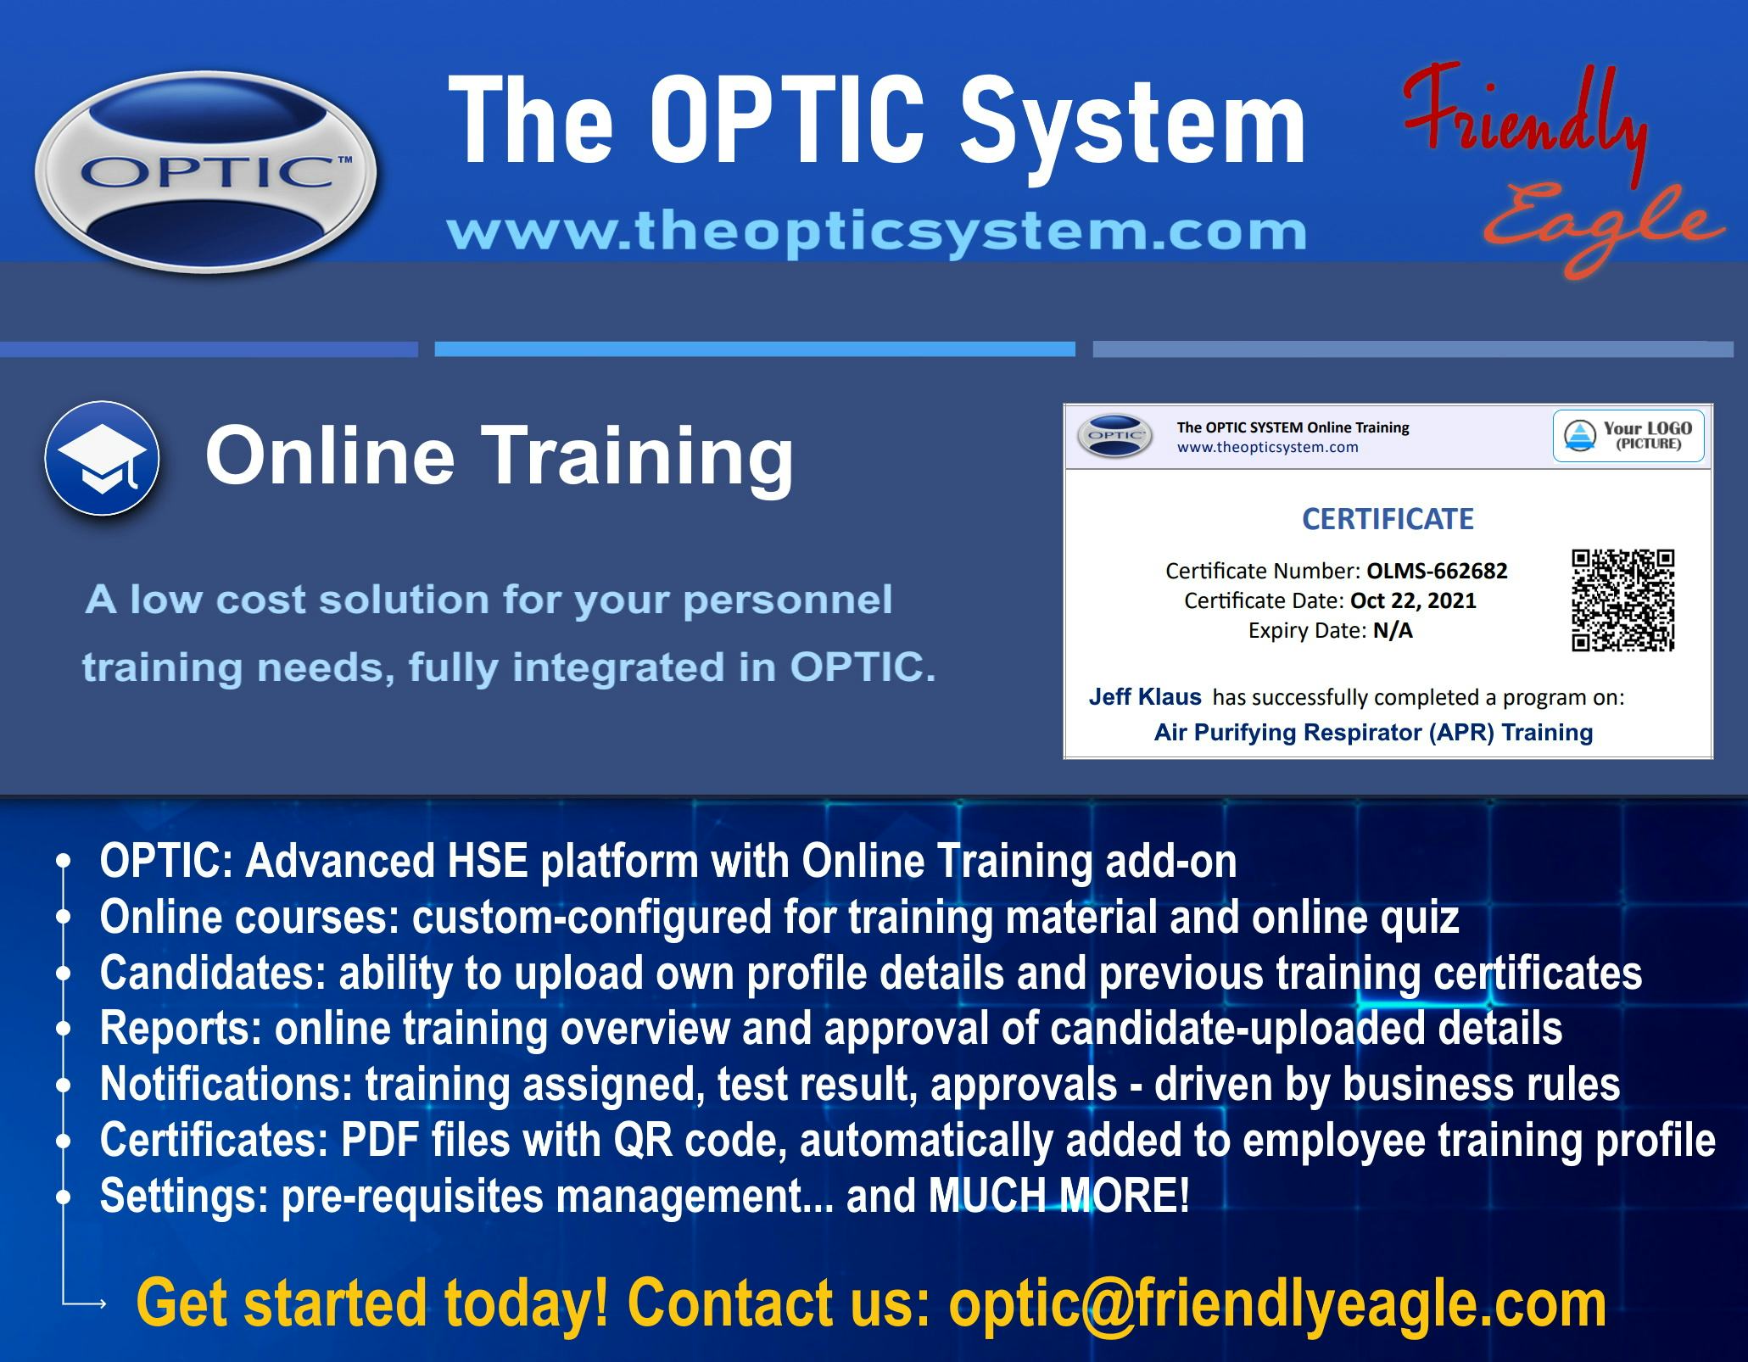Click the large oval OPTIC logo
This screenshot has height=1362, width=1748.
tap(205, 172)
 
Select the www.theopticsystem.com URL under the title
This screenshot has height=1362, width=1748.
tap(876, 232)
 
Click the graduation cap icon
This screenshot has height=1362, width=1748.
tap(102, 459)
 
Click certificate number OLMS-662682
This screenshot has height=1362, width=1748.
tap(1437, 571)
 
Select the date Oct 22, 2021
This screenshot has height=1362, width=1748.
tap(1413, 600)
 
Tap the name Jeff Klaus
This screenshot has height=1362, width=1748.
tap(1145, 697)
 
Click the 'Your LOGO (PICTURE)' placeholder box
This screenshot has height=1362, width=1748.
tap(1628, 436)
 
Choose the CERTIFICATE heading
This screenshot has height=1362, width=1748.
tap(1388, 519)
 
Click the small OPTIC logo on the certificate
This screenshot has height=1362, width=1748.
tap(1114, 436)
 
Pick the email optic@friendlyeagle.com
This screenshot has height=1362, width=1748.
tap(1276, 1303)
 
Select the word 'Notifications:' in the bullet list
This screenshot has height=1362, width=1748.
tap(226, 1085)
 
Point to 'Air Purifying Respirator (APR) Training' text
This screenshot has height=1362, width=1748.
tap(1373, 732)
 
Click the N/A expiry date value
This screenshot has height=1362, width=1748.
tap(1393, 630)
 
